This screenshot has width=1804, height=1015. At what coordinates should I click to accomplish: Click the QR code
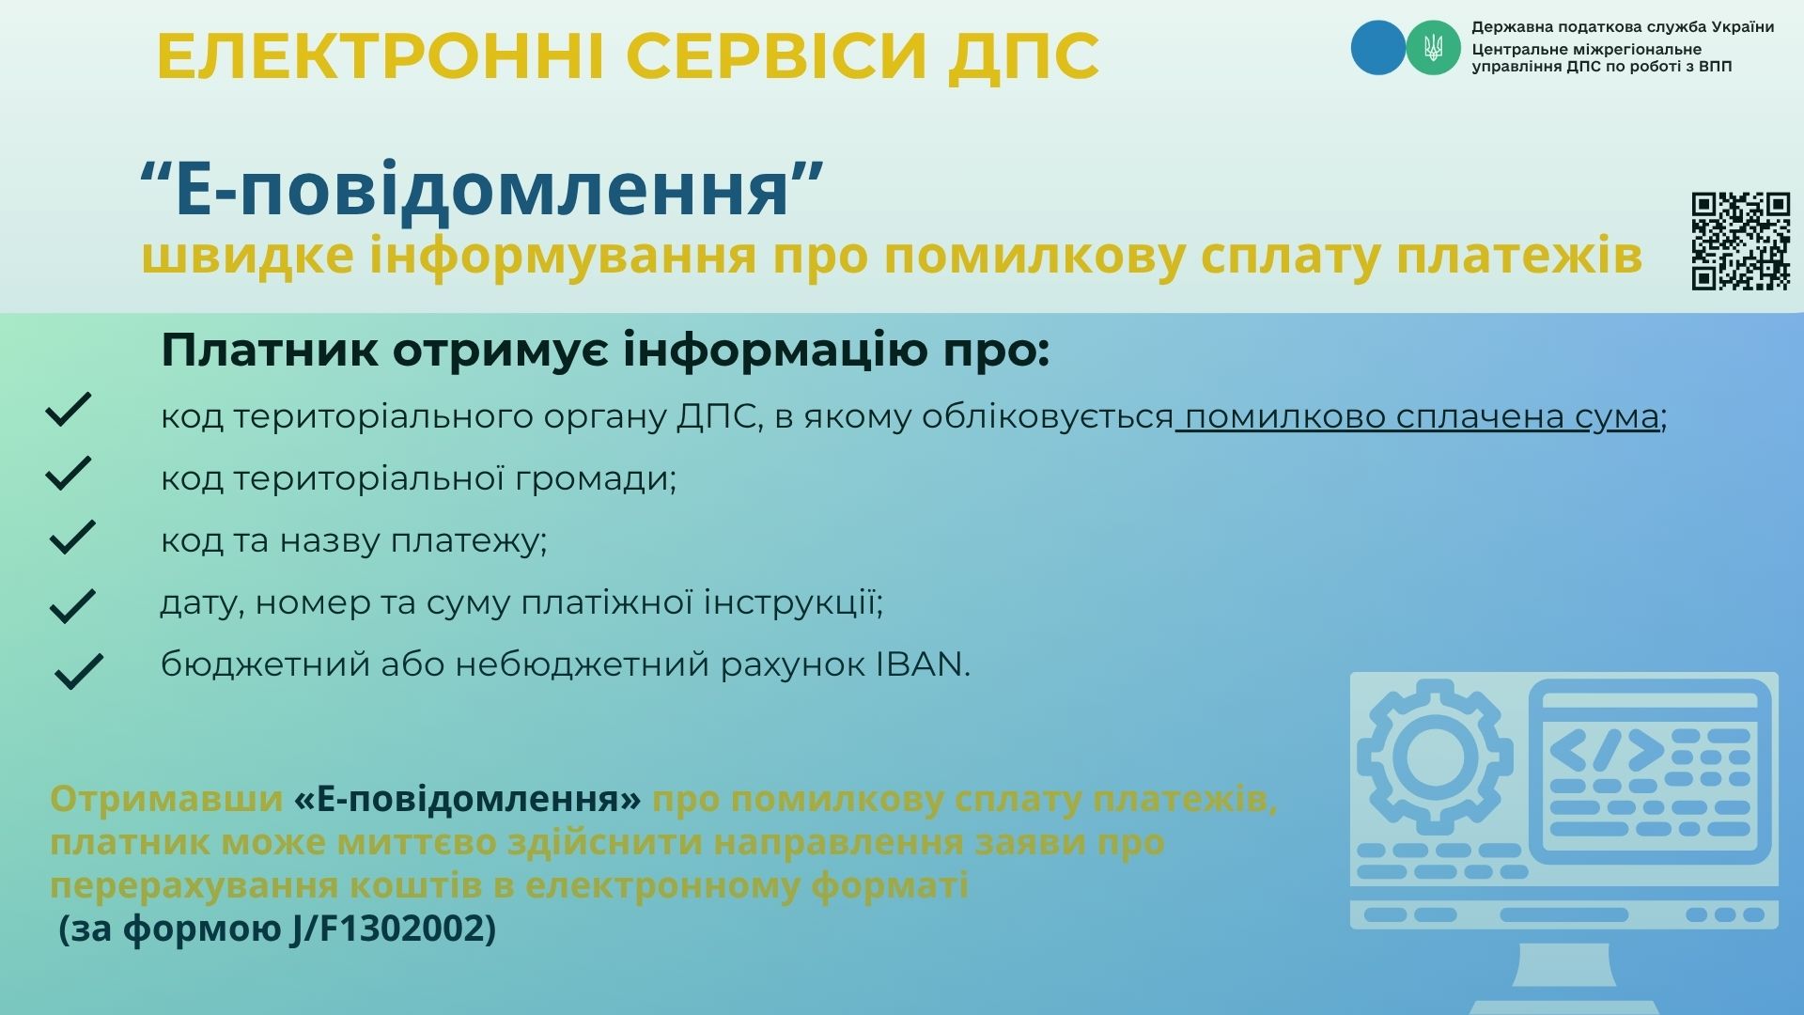[1740, 241]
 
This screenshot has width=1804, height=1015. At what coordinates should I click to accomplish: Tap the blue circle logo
[1378, 47]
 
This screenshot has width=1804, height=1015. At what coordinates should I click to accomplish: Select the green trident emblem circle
[1433, 47]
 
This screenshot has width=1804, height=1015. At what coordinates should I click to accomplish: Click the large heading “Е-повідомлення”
[481, 189]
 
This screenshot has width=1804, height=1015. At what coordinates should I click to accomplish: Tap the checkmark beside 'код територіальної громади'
[68, 473]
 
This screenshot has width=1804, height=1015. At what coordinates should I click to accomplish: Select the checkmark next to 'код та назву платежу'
[71, 536]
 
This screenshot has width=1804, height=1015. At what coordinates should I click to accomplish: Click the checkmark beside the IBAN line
[79, 671]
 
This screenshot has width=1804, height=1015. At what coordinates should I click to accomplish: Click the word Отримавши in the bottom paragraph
[166, 799]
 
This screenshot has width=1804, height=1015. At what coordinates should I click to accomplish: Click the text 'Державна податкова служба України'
[1623, 27]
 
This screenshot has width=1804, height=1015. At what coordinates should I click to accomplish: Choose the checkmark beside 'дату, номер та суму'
[71, 606]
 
